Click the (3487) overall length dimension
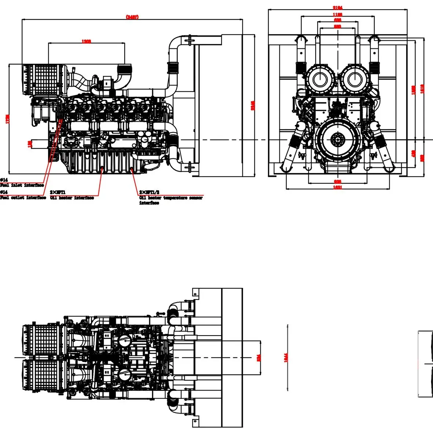(132, 17)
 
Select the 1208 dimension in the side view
(86, 41)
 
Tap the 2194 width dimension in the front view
(338, 8)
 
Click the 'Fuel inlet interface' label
(22, 185)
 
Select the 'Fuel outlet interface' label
(23, 198)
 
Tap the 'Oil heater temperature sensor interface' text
(170, 200)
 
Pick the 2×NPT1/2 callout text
(149, 192)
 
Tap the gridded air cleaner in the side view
(40, 80)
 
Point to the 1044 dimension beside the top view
(286, 357)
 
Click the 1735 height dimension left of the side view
(8, 119)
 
